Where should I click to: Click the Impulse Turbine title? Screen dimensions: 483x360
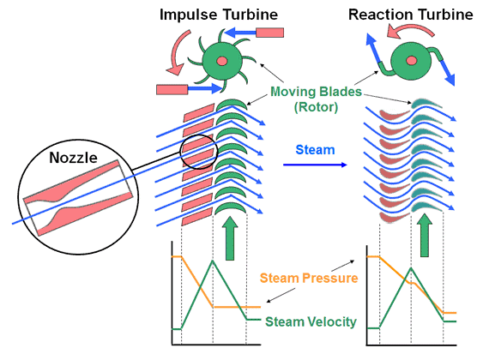pyautogui.click(x=219, y=15)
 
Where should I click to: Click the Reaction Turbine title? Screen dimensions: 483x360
pyautogui.click(x=411, y=15)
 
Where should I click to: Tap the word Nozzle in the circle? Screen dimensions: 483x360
pyautogui.click(x=73, y=158)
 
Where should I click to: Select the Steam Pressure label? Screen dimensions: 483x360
pyautogui.click(x=309, y=278)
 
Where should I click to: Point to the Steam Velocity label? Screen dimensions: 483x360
pyautogui.click(x=311, y=321)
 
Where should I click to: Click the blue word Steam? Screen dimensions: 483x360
pyautogui.click(x=315, y=150)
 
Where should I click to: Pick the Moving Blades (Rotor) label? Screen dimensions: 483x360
pyautogui.click(x=316, y=99)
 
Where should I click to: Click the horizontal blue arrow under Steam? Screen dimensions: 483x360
pyautogui.click(x=315, y=165)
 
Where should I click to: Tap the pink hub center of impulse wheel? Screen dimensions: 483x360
pyautogui.click(x=222, y=61)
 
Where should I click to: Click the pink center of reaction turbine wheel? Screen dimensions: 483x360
pyautogui.click(x=411, y=60)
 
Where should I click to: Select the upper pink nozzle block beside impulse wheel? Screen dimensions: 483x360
pyautogui.click(x=270, y=33)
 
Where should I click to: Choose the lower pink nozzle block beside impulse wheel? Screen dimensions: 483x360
pyautogui.click(x=172, y=89)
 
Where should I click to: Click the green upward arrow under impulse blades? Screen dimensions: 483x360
pyautogui.click(x=230, y=238)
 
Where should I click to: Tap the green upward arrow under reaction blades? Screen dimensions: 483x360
pyautogui.click(x=425, y=236)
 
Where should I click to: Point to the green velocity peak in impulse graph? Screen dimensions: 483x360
pyautogui.click(x=213, y=261)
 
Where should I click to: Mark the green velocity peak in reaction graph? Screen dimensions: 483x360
pyautogui.click(x=411, y=268)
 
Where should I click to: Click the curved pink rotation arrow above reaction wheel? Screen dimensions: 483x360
pyautogui.click(x=410, y=29)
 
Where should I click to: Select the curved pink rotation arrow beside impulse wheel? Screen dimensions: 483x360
pyautogui.click(x=178, y=51)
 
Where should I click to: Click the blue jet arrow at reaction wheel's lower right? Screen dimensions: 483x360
pyautogui.click(x=448, y=72)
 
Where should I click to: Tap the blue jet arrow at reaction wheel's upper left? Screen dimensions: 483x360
pyautogui.click(x=373, y=48)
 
